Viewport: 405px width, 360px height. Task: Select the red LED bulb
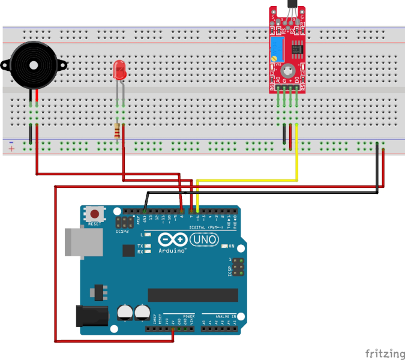click(x=119, y=71)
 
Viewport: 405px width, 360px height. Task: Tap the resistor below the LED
click(x=118, y=130)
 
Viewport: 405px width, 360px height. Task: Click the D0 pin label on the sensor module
click(x=296, y=80)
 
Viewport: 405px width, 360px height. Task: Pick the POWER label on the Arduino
click(x=188, y=315)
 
